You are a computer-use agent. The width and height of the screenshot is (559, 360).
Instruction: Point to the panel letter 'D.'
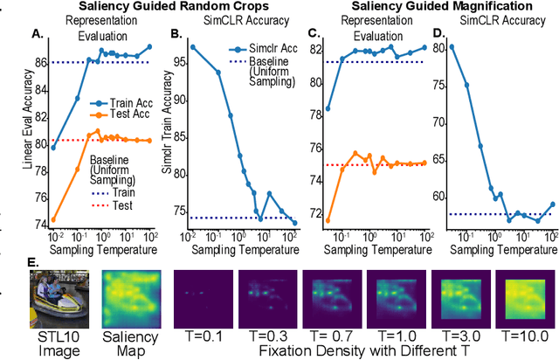pos(439,35)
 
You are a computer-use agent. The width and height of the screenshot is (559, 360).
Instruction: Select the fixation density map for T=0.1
pos(200,296)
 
